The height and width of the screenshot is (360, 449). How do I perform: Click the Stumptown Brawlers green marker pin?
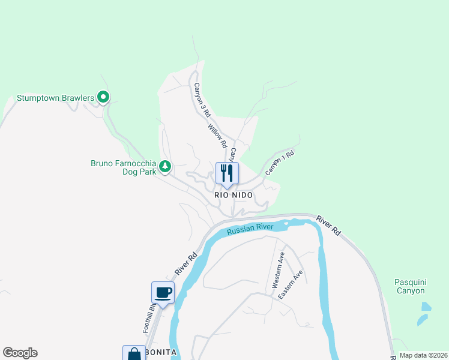point(103,97)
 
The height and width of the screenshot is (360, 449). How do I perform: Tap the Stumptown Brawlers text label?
point(55,97)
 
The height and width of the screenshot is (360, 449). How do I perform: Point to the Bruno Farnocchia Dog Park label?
point(123,167)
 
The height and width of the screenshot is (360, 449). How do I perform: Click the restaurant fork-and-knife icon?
point(227,173)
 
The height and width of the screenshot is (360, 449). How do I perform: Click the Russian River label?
point(250,227)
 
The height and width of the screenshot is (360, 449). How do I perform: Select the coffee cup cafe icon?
point(163,293)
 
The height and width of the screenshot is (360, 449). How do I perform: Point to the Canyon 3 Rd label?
point(202,100)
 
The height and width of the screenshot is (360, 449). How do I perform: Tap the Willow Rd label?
point(217,136)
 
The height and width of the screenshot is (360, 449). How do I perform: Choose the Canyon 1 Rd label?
point(280,162)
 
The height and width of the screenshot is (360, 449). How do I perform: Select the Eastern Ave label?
point(297,281)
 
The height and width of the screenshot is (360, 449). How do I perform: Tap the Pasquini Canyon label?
point(410,286)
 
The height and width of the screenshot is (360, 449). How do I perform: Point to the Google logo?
point(20,353)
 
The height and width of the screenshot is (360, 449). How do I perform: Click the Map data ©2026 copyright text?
point(423,355)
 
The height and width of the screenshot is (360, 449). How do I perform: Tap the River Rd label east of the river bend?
point(328,226)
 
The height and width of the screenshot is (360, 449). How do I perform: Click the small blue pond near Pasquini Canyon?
point(426,307)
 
